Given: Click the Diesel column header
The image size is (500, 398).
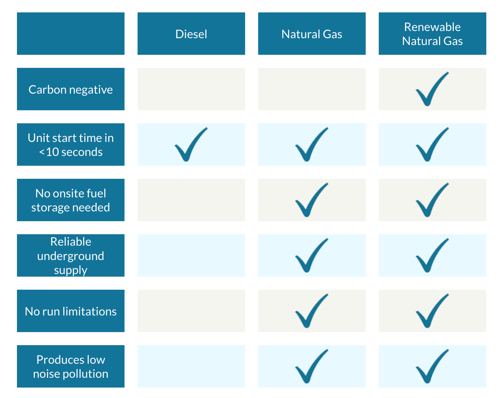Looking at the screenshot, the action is (191, 34).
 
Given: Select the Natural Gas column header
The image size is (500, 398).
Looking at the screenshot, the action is (312, 34).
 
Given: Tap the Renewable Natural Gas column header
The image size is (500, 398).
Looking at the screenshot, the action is (432, 34).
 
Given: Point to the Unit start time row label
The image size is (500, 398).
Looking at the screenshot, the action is (71, 145).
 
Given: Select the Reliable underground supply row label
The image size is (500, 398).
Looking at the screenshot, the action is (71, 255).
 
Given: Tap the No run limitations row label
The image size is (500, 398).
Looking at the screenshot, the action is (71, 311).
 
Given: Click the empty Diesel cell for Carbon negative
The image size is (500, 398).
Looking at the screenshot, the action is (191, 89).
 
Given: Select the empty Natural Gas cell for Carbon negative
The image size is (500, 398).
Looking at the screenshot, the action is (312, 89).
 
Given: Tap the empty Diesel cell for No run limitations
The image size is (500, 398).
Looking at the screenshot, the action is (191, 311).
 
